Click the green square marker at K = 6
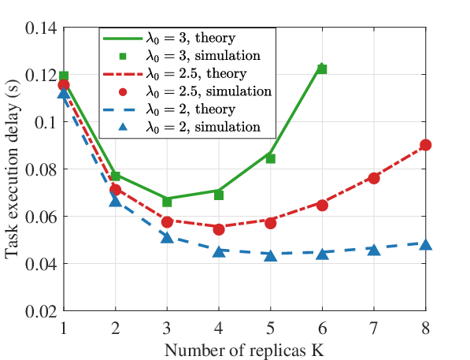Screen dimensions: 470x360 pos(322,69)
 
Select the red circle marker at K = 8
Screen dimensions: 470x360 pos(426,145)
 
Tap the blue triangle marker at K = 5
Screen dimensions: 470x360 pos(270,255)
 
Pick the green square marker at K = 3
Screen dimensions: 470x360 pos(167,202)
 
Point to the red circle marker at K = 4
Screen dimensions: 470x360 pos(219,229)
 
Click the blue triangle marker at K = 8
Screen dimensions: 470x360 pos(426,245)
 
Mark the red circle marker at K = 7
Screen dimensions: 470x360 pos(374,179)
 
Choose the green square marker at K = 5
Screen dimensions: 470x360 pos(270,158)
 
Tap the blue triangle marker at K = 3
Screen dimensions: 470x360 pos(167,238)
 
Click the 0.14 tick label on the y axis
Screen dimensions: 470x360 pos(41,28)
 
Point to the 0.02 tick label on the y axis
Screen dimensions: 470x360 pos(41,312)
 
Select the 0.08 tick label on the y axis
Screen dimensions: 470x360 pos(41,170)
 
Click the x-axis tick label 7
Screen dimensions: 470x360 pos(374,328)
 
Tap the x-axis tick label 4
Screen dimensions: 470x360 pos(219,328)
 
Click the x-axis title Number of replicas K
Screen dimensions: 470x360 pos(245,350)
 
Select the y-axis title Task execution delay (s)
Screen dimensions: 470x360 pos(12,169)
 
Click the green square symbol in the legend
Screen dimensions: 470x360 pos(123,56)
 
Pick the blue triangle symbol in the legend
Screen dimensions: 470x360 pos(123,127)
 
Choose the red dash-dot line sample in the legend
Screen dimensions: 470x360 pos(123,73)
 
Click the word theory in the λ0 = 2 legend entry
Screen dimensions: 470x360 pos(215,109)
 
